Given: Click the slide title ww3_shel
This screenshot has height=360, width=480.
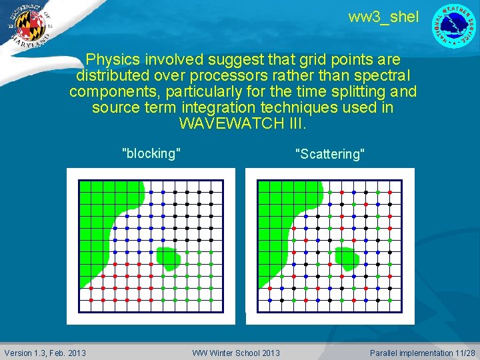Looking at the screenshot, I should point(383,17).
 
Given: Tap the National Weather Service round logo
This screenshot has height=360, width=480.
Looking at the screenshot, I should point(455,25).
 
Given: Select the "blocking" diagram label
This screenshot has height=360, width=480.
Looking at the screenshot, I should point(151,153).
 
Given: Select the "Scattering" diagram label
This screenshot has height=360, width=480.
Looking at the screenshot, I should point(330,154).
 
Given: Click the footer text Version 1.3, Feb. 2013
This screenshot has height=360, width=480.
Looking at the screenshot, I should point(45,353).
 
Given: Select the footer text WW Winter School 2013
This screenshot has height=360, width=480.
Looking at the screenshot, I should point(236,353).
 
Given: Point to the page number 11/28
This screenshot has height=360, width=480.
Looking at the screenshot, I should point(465,353).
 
